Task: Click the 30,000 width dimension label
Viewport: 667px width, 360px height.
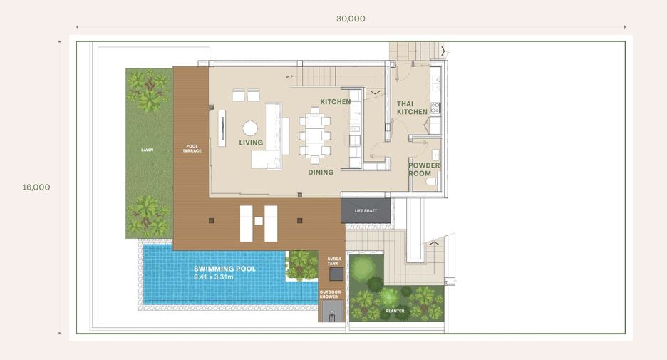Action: (351, 19)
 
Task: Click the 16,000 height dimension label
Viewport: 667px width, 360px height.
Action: (36, 187)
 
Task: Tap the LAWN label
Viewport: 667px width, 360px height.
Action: (148, 150)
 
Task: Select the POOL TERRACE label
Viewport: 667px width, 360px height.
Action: (192, 148)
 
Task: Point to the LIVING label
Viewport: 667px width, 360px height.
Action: (251, 143)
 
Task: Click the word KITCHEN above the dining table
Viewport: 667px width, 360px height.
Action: (336, 102)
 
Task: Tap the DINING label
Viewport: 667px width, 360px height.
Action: (321, 173)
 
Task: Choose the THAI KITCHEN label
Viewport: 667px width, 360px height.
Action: (412, 108)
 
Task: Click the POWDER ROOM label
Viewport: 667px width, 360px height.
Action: (424, 170)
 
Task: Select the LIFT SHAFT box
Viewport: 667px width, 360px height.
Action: (366, 210)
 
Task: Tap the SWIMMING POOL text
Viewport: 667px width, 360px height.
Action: (225, 269)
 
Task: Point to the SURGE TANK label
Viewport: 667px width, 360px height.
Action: (334, 262)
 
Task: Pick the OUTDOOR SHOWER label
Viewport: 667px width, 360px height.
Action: (330, 294)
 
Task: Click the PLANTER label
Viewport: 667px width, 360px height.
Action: (395, 311)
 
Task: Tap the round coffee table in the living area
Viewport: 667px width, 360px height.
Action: (250, 128)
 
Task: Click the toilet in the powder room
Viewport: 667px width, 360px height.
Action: (431, 182)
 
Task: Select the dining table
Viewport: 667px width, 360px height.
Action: (314, 135)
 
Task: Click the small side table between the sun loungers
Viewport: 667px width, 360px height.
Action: (259, 221)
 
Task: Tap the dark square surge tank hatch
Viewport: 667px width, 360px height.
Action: (336, 274)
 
